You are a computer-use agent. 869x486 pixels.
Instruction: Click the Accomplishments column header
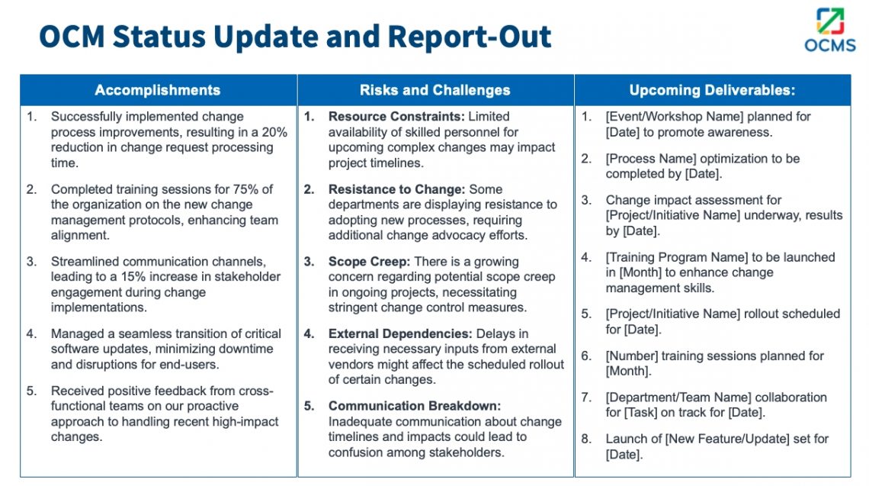(158, 90)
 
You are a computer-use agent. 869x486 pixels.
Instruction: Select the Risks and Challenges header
(435, 90)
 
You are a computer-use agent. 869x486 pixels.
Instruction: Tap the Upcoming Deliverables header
(712, 90)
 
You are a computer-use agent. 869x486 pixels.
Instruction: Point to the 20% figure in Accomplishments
(274, 132)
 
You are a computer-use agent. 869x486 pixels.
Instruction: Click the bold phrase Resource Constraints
(396, 117)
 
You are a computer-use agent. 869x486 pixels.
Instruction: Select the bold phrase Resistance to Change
(397, 189)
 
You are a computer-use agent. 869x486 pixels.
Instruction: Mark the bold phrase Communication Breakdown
(415, 406)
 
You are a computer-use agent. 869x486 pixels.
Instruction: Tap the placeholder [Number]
(631, 356)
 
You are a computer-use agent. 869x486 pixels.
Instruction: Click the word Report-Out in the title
(470, 36)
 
